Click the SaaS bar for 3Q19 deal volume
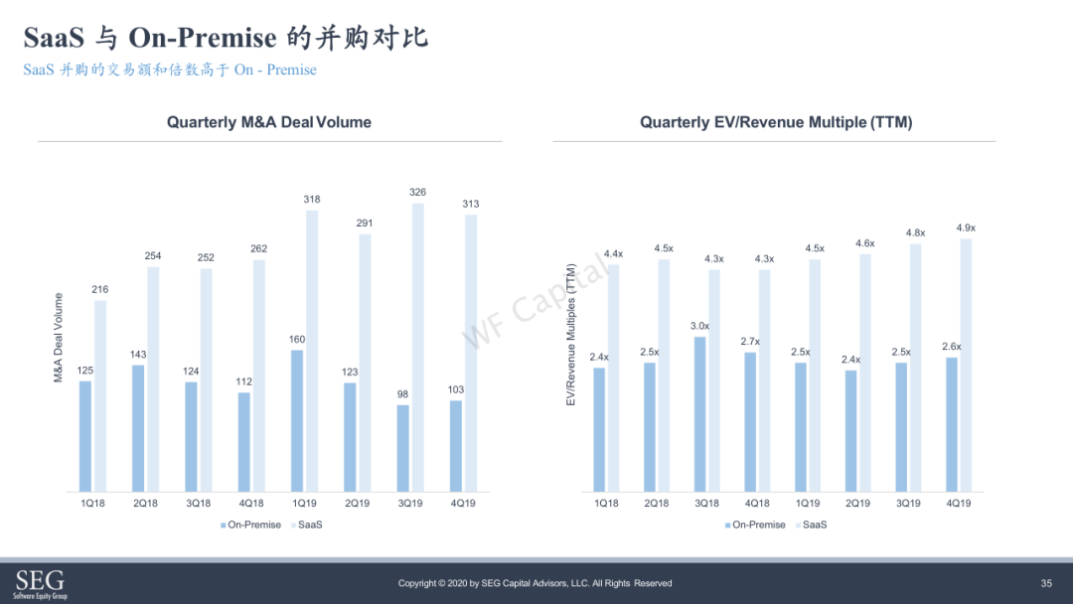click(417, 348)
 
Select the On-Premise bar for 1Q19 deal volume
click(297, 420)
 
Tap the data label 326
click(417, 192)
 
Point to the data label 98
click(402, 394)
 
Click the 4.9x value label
click(966, 227)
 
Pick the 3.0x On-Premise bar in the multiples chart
click(700, 414)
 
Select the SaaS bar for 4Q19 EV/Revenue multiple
click(966, 366)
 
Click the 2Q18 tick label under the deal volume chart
click(145, 503)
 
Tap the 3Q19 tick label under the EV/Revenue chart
click(908, 503)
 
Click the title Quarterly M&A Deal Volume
click(269, 122)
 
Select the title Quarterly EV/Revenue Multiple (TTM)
click(776, 122)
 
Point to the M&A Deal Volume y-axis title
click(59, 337)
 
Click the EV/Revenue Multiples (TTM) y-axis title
click(570, 335)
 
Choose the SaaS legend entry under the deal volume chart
click(307, 525)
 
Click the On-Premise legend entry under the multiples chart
click(755, 525)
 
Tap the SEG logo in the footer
click(40, 583)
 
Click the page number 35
click(1046, 583)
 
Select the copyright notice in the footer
click(536, 583)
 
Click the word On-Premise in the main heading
click(203, 38)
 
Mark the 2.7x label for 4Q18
click(750, 342)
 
